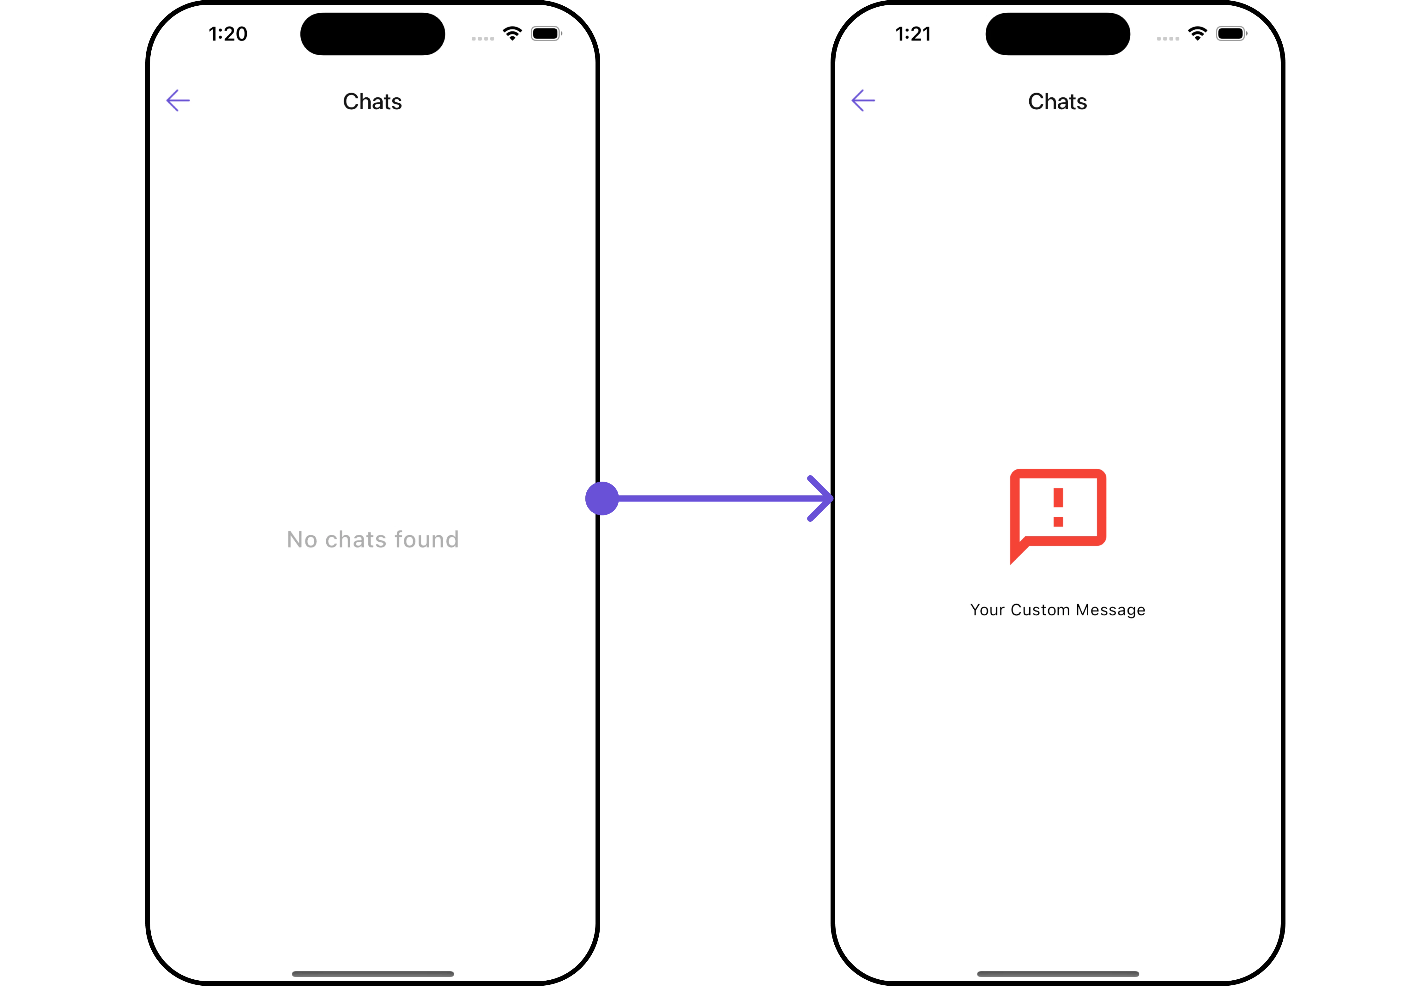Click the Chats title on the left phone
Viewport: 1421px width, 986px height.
pos(372,101)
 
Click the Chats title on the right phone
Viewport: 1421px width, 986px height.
pos(1057,101)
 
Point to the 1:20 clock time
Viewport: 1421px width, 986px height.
pos(228,34)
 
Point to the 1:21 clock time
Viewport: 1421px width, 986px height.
pos(913,34)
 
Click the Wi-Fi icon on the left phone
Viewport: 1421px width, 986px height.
pos(512,33)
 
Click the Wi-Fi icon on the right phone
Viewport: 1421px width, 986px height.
pos(1197,33)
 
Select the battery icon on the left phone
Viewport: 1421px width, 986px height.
pos(547,33)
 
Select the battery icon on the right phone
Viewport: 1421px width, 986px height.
pos(1231,33)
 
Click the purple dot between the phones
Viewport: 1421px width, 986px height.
pos(602,498)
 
